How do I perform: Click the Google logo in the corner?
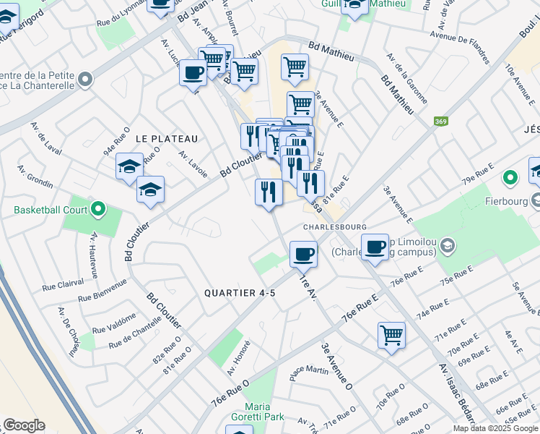tap(24, 425)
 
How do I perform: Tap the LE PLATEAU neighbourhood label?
tap(167, 138)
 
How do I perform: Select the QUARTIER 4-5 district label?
tap(240, 293)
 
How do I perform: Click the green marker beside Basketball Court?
tap(98, 210)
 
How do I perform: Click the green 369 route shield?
tap(440, 122)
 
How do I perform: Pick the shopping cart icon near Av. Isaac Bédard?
tap(391, 335)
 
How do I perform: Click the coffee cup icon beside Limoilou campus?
tap(375, 247)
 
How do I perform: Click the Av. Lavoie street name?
tap(193, 164)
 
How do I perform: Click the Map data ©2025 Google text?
tap(495, 428)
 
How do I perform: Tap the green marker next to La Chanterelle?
tap(87, 78)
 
